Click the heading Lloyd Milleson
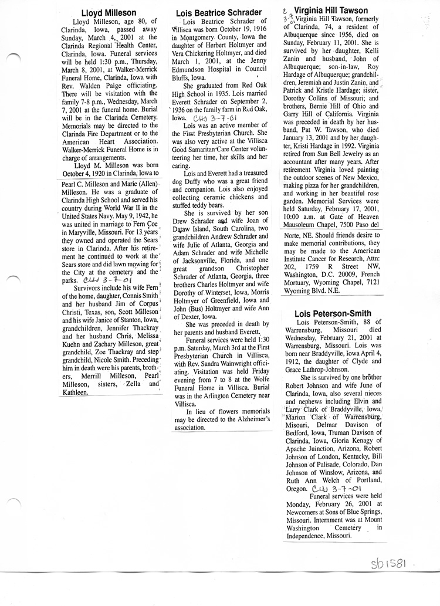pos(109,12)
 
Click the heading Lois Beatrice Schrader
pos(218,12)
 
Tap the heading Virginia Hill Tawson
pos(331,11)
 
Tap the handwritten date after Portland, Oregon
pos(337,488)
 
